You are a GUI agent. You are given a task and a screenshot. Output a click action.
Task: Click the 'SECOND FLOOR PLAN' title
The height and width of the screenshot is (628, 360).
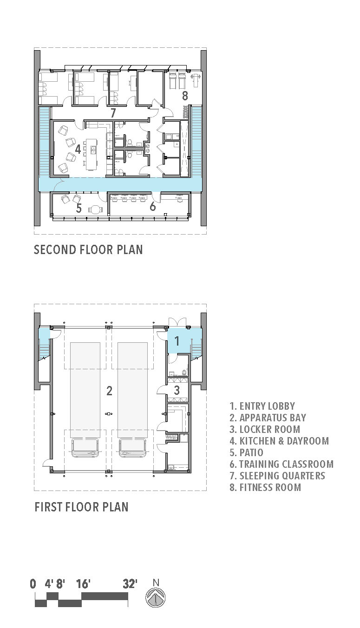(88, 249)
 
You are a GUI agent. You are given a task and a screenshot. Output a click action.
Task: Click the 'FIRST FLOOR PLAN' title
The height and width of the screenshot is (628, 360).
(82, 507)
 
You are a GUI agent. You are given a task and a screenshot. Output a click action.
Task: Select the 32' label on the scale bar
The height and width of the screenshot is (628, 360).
(130, 584)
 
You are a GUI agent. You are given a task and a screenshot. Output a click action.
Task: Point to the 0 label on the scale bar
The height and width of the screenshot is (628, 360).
(33, 584)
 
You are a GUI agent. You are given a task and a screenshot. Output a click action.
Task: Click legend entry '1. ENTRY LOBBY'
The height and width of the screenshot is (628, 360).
(262, 406)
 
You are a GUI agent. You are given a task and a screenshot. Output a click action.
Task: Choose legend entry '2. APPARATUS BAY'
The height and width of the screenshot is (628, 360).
(268, 418)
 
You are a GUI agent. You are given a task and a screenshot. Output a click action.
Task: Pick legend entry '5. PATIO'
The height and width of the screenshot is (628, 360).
(247, 452)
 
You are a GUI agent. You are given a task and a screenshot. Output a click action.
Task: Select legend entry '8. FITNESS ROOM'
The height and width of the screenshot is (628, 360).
(265, 487)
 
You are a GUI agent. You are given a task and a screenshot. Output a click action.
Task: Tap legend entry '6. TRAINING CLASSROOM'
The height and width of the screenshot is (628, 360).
(281, 464)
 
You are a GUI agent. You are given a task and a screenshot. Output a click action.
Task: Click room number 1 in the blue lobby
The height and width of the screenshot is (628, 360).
(177, 341)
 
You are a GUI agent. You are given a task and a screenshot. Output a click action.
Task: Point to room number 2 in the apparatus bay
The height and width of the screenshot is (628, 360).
(109, 391)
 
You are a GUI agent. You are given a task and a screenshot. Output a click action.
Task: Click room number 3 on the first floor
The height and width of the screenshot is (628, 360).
(177, 390)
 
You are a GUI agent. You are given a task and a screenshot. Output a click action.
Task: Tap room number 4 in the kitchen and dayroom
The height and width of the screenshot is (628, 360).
(78, 149)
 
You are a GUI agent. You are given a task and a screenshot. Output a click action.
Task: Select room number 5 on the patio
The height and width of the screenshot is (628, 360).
(79, 208)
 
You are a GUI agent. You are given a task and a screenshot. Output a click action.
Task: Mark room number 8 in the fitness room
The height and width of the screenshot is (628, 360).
(185, 96)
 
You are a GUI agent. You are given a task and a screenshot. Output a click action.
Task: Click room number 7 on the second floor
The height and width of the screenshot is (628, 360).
(113, 113)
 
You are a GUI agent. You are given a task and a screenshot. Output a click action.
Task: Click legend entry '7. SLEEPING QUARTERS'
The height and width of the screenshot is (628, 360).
(277, 476)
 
